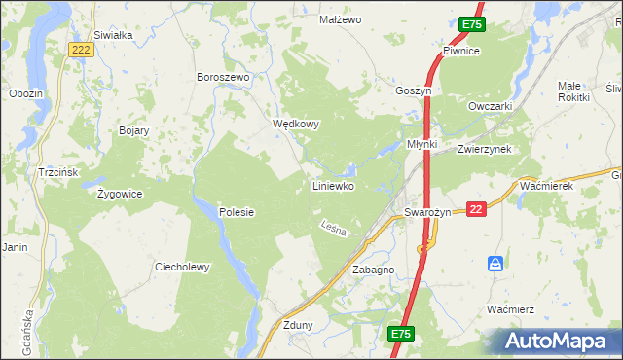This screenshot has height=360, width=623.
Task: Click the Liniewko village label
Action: pos(332,185)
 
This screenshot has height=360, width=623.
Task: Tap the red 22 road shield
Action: pos(476,209)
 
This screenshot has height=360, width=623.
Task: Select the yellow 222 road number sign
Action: pos(82,50)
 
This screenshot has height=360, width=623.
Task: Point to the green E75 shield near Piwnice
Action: pos(471,24)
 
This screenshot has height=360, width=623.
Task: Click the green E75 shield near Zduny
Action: pos(401,334)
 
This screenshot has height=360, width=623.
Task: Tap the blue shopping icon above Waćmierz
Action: pos(495,264)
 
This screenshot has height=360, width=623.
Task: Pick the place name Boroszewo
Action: pos(224,77)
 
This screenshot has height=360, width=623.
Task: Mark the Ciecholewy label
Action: pos(182,267)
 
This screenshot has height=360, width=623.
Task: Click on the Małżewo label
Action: pos(341,19)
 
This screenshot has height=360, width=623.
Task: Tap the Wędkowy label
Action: pos(295,125)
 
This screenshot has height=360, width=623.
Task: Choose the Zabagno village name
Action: pos(373,270)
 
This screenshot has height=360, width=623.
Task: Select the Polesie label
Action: pos(236,211)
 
